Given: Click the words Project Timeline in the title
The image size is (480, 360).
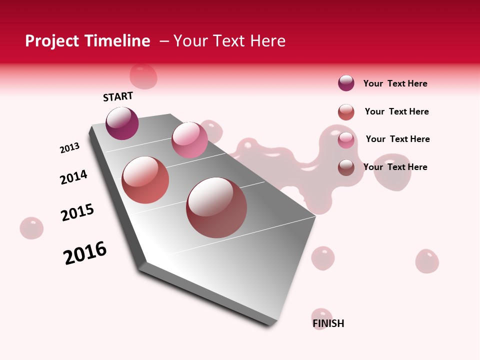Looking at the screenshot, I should pos(87,41).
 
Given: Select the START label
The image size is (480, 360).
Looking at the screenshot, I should pos(118,96).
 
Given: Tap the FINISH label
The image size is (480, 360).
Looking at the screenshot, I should pos(328,323).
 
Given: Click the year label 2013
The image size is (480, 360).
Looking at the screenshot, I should pos(69,148).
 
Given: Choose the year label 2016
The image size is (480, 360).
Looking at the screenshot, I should pos(85,253).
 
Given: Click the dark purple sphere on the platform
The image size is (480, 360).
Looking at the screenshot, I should pos(122,123).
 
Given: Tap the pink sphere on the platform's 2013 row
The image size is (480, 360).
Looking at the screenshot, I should pos(189,139).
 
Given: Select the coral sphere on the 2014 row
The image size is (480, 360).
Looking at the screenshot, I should pos(145,180).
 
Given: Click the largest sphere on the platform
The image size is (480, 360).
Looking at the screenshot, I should pos(216,207).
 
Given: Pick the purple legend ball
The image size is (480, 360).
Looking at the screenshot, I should pos(346,83).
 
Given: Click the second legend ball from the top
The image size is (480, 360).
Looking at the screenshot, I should pos(346,112).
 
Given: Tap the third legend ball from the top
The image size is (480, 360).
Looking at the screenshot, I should pos(346,140).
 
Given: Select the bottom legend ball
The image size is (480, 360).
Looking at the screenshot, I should pos(346,167).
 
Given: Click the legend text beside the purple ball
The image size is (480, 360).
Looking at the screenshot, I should pos(395,83).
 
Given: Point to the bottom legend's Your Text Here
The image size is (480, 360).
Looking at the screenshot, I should pos(395,167).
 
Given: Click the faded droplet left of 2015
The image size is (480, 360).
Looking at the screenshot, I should pos(31,228).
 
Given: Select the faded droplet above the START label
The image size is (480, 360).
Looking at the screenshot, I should pos(143,76).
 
